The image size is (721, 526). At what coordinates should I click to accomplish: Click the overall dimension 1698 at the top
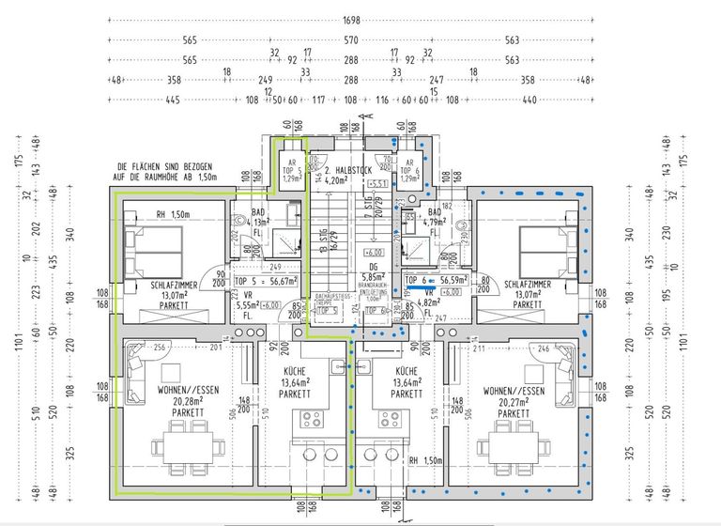click(x=352, y=20)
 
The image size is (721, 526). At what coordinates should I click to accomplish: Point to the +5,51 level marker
click(x=378, y=184)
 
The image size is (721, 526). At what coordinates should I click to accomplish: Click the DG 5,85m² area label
click(x=375, y=271)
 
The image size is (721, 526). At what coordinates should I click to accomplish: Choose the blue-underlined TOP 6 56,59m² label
click(x=439, y=280)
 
